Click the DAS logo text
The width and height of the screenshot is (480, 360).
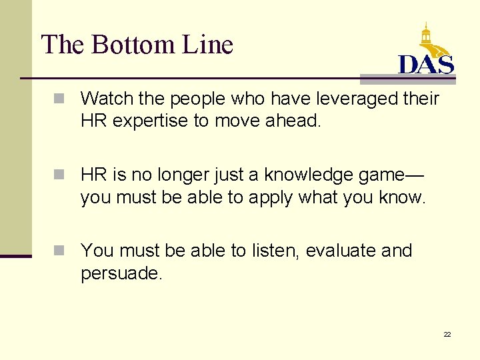(426, 64)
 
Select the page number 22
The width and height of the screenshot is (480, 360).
(447, 334)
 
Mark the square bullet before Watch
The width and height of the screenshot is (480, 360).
(59, 99)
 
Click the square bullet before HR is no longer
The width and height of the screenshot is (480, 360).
(59, 175)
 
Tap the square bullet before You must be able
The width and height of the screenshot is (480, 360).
(59, 251)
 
